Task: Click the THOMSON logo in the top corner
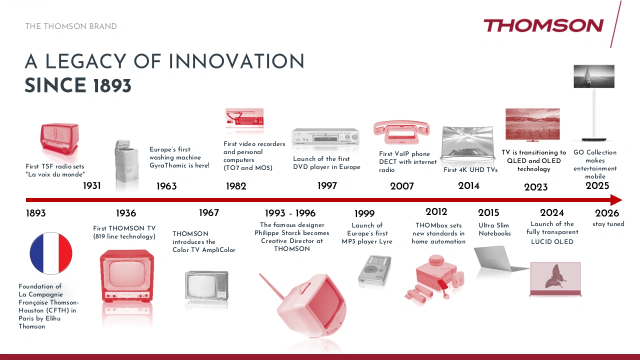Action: click(543, 25)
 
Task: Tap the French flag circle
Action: click(51, 253)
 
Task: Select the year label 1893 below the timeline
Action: click(35, 213)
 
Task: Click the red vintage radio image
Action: click(59, 139)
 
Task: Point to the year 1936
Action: click(126, 213)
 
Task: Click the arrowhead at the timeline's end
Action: click(616, 200)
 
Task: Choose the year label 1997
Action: click(327, 185)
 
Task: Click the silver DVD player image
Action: click(325, 136)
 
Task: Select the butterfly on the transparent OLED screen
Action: click(555, 276)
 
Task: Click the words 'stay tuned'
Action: click(608, 224)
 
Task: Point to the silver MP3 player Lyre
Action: click(374, 270)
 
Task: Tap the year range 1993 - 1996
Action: click(290, 213)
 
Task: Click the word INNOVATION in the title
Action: click(236, 61)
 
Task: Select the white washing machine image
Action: click(126, 163)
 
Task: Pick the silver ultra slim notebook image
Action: click(500, 259)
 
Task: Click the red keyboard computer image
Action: click(244, 119)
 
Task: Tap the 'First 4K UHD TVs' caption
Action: click(470, 169)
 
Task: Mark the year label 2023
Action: click(535, 187)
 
